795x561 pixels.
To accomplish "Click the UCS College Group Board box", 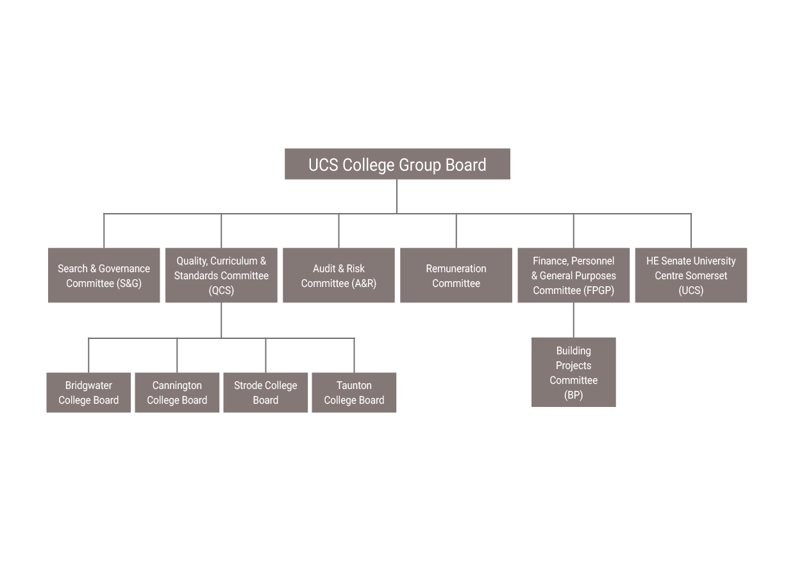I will click(397, 164).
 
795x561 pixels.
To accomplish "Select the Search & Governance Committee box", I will click(104, 275).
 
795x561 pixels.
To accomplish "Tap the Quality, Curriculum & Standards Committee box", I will click(221, 275).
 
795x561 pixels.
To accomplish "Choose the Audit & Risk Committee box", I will click(339, 275).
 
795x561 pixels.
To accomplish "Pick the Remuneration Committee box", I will click(456, 275).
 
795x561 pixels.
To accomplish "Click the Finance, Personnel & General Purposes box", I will click(573, 275).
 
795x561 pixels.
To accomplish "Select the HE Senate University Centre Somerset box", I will click(690, 275).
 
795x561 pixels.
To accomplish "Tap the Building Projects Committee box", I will click(573, 372).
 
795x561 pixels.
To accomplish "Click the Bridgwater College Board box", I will click(88, 392).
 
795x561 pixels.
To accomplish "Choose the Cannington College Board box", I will click(177, 392).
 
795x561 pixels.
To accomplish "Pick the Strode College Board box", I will click(265, 392).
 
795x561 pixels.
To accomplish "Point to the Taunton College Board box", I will click(354, 392).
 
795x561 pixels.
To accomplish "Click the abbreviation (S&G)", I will click(130, 283).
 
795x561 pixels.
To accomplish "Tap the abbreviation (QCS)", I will click(221, 291).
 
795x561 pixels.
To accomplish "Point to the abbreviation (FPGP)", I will click(599, 291).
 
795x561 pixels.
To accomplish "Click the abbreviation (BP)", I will click(573, 395).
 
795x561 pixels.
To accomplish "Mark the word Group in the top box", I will click(420, 165).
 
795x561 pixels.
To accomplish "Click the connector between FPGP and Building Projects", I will click(573, 320).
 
